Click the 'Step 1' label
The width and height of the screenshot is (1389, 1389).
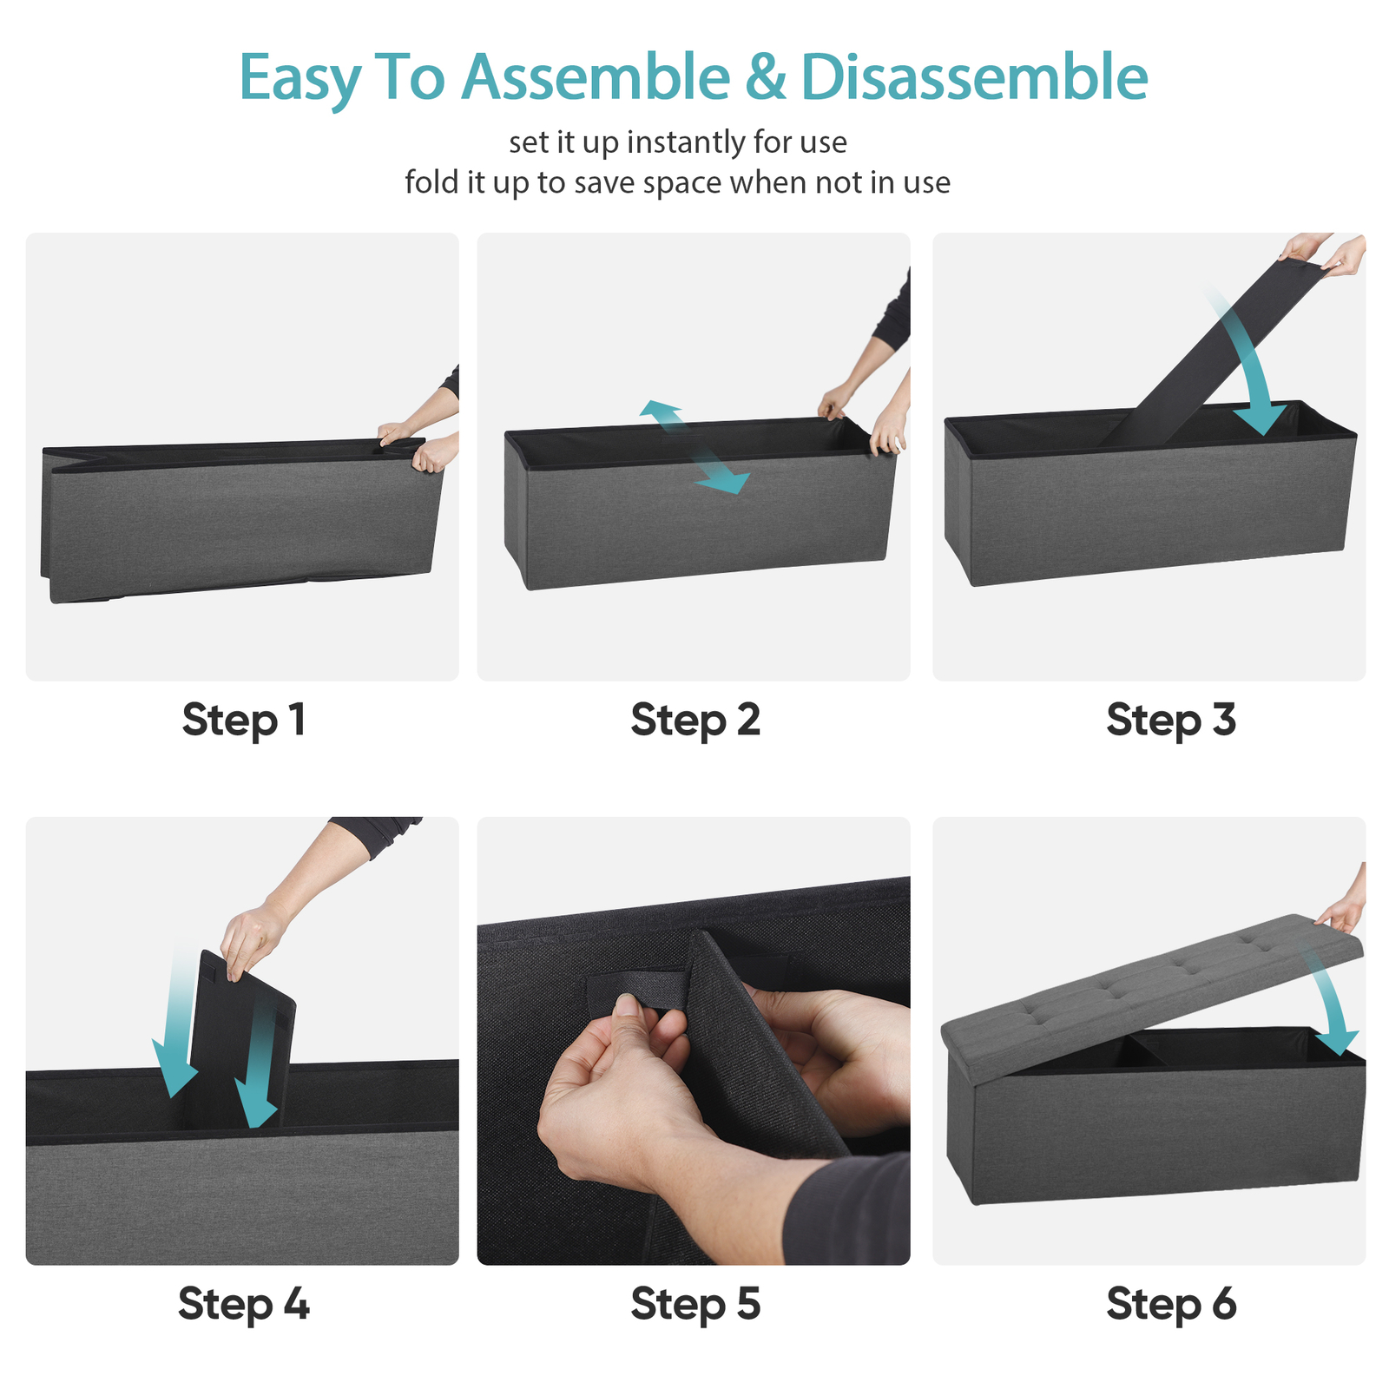click(243, 721)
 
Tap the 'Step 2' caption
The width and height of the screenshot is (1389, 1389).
click(695, 721)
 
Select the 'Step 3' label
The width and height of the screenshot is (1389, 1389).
click(1171, 721)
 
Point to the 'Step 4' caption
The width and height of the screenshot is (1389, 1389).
click(243, 1305)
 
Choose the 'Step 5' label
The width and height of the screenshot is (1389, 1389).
click(695, 1305)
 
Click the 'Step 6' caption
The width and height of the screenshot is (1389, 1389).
click(1171, 1305)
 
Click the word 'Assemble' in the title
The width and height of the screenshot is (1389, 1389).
click(596, 77)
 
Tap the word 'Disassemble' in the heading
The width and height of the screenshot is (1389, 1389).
click(974, 77)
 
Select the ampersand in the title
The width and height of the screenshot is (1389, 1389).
click(765, 77)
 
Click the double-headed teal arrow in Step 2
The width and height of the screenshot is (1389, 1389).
click(694, 447)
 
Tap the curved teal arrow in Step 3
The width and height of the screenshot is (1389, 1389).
click(1250, 365)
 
